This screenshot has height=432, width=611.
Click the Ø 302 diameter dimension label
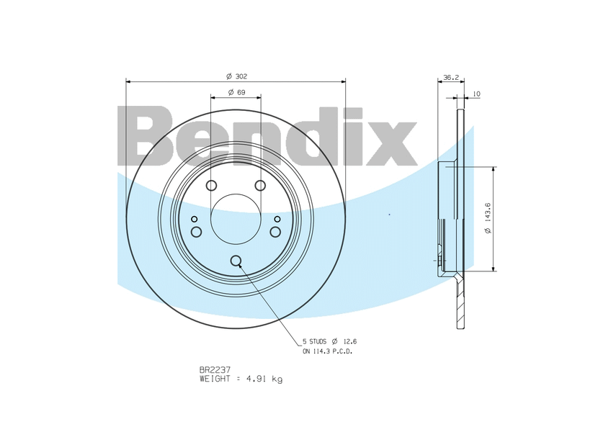236,76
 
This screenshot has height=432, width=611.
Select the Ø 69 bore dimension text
236,92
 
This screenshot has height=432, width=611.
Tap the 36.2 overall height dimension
451,78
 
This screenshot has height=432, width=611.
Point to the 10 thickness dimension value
476,94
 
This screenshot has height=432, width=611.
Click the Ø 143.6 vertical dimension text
489,218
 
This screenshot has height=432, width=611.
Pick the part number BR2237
215,369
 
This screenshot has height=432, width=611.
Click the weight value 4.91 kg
264,379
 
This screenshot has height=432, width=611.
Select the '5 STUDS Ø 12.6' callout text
330,341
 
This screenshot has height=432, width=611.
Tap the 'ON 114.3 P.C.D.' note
328,351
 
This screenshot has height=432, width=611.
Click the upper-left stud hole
211,186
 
